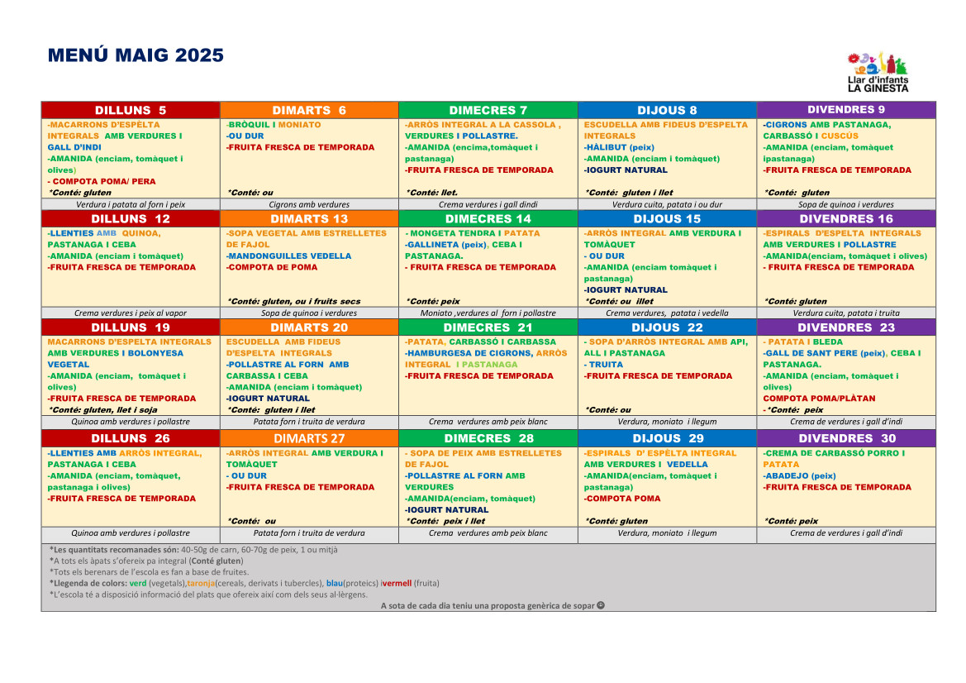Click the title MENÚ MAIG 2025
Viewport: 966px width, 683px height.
pos(136,55)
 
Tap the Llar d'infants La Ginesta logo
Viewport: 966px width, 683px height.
pos(878,71)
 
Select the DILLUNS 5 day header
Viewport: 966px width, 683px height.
pos(131,110)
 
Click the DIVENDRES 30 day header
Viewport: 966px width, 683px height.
pos(846,438)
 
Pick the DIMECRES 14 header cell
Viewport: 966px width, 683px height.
pos(488,219)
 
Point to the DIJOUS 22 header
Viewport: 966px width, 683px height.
pos(667,327)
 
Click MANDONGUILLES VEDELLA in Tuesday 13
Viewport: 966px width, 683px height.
pos(290,256)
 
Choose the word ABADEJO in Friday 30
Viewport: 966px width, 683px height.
pos(786,476)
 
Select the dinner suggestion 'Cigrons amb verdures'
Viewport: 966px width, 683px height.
pos(309,204)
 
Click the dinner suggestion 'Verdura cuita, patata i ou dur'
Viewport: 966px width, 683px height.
pos(667,204)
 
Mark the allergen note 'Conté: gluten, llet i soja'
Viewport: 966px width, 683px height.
pos(102,410)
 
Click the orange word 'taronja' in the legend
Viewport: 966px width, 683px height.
pos(200,583)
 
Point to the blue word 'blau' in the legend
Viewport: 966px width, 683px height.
pos(334,583)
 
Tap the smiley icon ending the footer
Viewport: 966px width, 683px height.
pos(601,605)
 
